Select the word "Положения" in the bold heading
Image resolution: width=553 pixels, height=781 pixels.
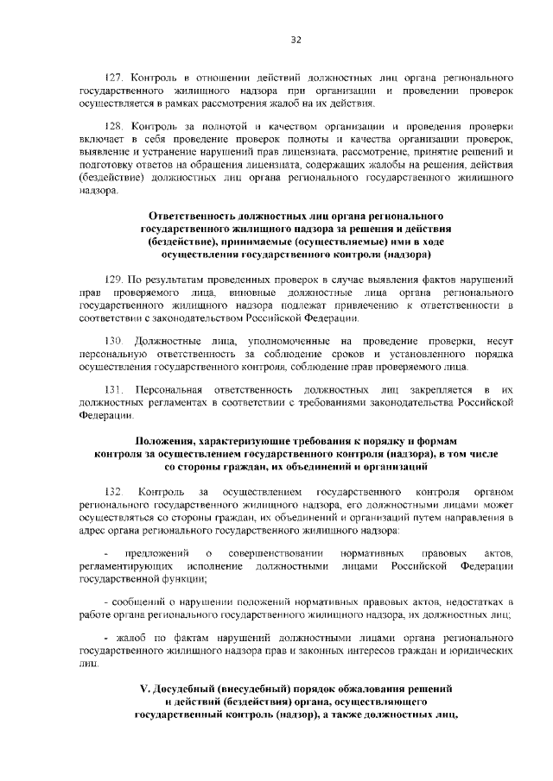(x=168, y=440)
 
